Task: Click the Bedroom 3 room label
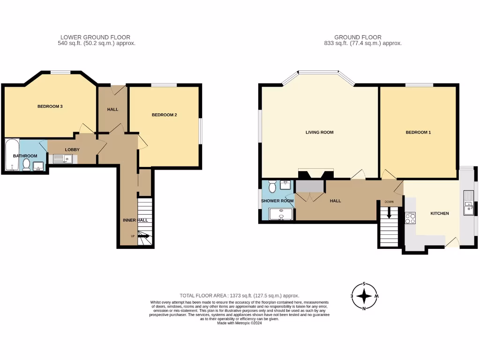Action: pos(50,106)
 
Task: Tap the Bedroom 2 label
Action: pos(164,115)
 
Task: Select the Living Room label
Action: pos(319,132)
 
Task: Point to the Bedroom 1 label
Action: pos(418,132)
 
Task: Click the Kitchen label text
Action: pos(440,213)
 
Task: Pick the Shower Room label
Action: pos(277,201)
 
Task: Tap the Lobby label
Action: pos(72,150)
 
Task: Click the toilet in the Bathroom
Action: pos(27,165)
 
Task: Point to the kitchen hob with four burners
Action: pos(410,218)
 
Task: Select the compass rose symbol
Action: pos(364,297)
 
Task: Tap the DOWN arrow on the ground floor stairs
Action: pos(389,213)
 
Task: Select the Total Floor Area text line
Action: pos(240,295)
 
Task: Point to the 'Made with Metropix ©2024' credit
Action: pos(240,323)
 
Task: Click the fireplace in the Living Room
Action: pos(316,173)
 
